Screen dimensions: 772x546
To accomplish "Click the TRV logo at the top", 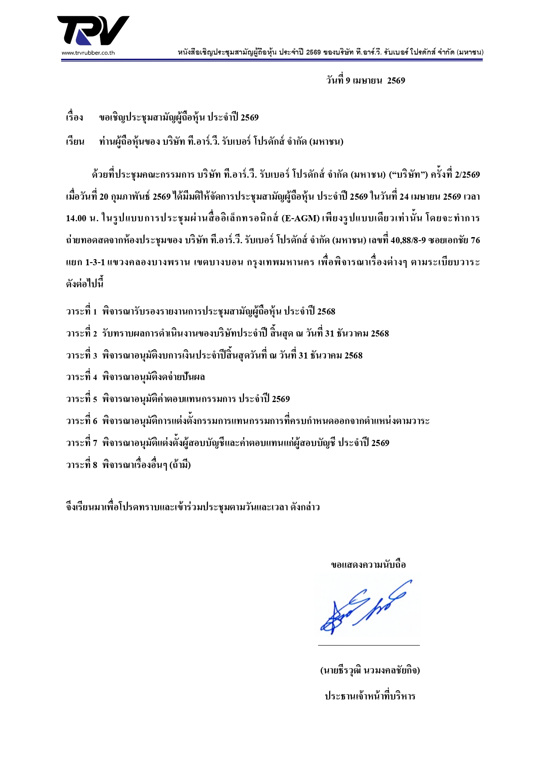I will [93, 30].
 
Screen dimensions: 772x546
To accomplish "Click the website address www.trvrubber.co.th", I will [88, 53].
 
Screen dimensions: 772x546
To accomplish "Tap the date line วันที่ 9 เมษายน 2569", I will [366, 80].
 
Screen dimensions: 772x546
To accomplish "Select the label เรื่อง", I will [75, 118].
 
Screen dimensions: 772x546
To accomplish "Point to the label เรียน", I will [75, 142].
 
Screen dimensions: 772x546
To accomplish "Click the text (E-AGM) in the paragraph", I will [300, 219].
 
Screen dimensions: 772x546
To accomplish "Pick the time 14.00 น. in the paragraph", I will [82, 219].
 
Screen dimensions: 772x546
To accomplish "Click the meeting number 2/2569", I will [467, 175].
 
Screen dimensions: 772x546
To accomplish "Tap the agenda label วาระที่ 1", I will [81, 312].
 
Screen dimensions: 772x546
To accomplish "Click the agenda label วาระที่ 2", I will [81, 334].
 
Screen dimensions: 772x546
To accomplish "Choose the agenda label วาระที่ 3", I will [81, 355].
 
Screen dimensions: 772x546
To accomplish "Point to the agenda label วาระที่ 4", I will [81, 377].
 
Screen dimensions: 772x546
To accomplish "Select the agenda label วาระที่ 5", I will [81, 399].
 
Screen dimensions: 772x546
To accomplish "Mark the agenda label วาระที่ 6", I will [81, 421].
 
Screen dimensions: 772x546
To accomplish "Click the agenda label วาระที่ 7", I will [81, 443].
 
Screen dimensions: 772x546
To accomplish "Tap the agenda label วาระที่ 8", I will [81, 465].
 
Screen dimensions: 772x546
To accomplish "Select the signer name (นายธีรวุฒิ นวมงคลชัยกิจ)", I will [370, 671].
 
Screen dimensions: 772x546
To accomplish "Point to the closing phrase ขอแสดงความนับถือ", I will [368, 565].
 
